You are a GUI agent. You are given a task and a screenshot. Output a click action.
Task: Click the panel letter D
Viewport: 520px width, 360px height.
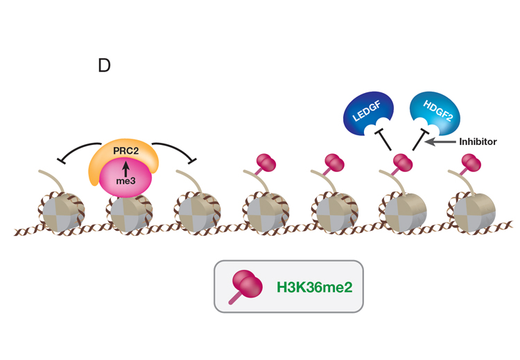tap(105, 66)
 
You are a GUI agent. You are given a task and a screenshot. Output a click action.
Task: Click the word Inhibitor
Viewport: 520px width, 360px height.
tap(478, 142)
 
